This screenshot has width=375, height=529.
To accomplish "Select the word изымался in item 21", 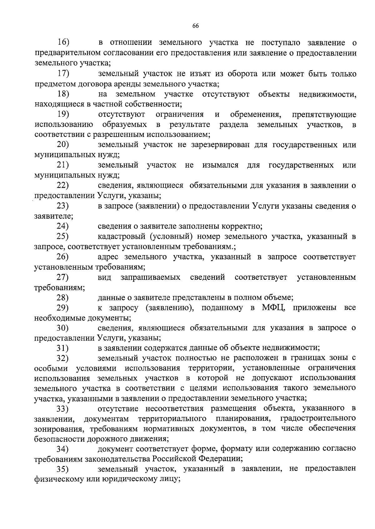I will tap(220, 165).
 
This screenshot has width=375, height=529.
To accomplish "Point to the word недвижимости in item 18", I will tap(327, 94).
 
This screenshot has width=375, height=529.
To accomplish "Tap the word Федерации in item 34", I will tap(221, 459).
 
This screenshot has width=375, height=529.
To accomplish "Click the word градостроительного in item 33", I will tap(318, 418).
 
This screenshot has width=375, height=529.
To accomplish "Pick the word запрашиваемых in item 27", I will tap(150, 277).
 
